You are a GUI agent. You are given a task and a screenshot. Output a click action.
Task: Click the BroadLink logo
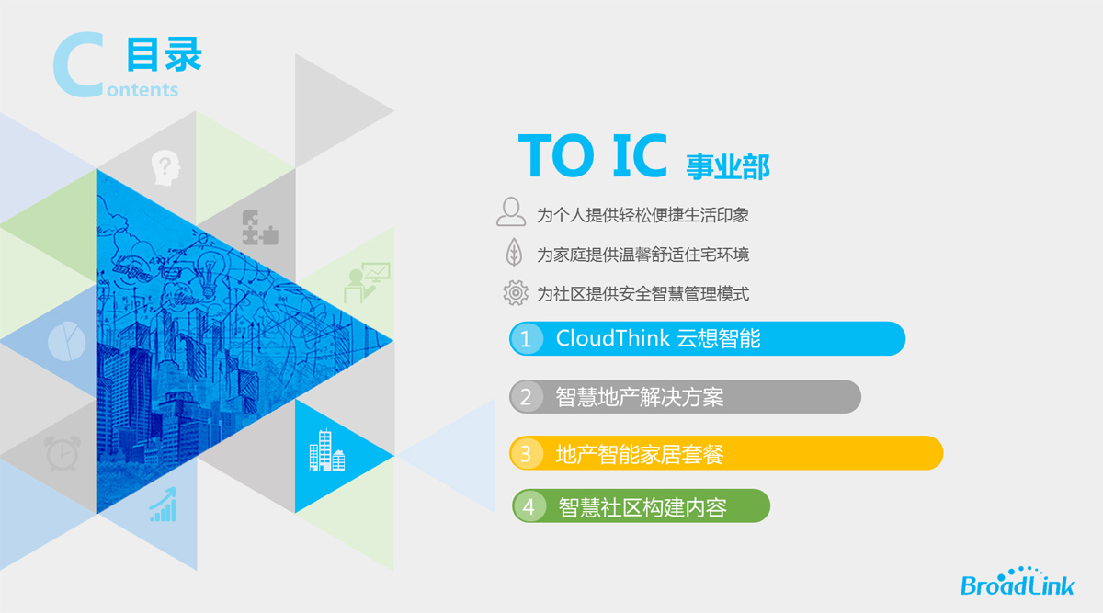tap(1018, 582)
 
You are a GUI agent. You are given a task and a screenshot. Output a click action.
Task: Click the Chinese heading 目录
tap(164, 54)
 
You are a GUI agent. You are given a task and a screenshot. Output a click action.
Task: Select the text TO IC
tap(593, 155)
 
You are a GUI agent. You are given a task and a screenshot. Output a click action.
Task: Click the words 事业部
tap(728, 166)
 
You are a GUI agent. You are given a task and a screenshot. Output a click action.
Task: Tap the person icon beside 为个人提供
tap(511, 211)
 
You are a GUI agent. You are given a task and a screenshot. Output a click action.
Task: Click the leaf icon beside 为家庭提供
tap(514, 252)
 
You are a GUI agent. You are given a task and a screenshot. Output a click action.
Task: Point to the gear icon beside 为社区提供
tap(516, 293)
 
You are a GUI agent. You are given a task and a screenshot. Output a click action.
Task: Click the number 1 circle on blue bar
tap(526, 339)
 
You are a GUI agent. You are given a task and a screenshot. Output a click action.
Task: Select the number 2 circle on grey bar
tap(526, 397)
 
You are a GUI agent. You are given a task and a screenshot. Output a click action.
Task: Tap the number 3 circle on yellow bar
tap(526, 453)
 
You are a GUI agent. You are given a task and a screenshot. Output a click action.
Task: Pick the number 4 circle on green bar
tap(529, 506)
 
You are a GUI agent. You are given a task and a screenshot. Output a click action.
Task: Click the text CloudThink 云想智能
tap(658, 339)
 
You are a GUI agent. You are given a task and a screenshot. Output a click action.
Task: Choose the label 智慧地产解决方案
tap(640, 397)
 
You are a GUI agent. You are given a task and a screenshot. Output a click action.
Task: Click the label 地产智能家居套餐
tap(640, 454)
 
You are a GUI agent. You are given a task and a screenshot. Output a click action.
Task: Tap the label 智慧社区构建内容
tap(642, 506)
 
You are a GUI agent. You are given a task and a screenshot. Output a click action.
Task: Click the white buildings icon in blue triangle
tap(327, 450)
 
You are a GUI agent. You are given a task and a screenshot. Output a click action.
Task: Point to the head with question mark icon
tap(165, 168)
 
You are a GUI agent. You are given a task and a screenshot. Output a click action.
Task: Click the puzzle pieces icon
tap(260, 228)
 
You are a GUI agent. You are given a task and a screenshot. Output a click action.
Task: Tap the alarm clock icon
tap(63, 453)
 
